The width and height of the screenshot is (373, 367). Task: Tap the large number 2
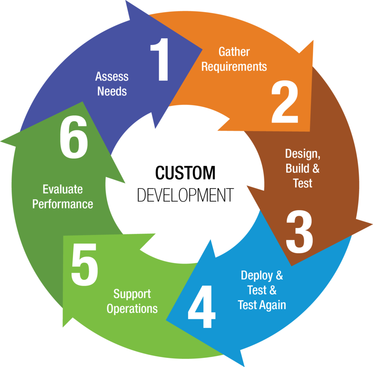pos(285,102)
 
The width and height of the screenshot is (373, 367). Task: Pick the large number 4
pos(202,307)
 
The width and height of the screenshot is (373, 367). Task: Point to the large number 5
pos(85,265)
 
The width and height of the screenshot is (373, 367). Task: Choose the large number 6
pos(74,137)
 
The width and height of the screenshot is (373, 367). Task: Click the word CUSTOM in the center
pos(185,173)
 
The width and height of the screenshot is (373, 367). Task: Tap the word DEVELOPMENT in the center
pos(185,195)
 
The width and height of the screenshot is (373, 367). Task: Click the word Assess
pos(112,77)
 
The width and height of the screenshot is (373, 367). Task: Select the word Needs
pos(112,91)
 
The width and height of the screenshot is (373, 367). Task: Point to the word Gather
pos(234,52)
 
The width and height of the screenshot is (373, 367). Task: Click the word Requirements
pos(234,67)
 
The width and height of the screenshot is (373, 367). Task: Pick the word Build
pos(297,168)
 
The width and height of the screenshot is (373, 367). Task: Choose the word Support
pos(132,294)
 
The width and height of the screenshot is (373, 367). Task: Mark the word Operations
pos(132,309)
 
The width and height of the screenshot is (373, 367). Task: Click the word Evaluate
pos(63,189)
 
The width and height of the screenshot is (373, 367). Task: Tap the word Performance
pos(63,204)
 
